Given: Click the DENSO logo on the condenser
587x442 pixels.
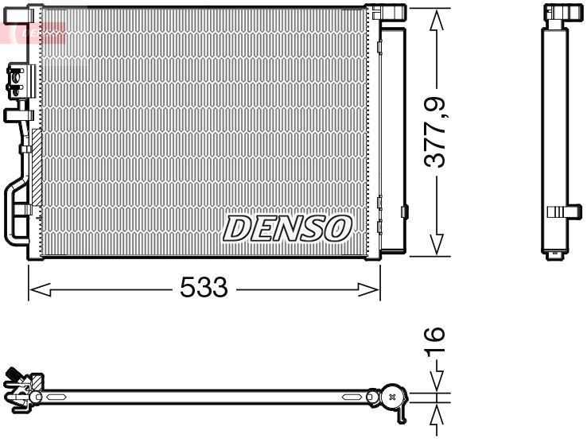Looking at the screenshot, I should click(286, 228).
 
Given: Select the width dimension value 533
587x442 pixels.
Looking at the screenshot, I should click(204, 288).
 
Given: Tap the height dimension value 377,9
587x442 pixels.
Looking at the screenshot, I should click(435, 131).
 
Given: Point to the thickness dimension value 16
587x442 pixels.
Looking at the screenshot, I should click(434, 343).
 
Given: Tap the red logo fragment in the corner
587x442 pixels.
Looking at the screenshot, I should click(32, 32).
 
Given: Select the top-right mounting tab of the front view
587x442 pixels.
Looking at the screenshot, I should click(390, 11).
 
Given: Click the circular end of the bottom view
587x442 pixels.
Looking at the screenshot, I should click(391, 395).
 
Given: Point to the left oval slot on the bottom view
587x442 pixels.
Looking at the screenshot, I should click(57, 395).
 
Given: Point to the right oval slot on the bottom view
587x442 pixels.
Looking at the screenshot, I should click(353, 395).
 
